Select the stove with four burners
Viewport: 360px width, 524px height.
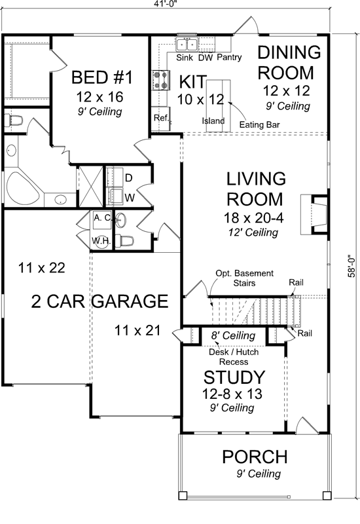tap(160, 79)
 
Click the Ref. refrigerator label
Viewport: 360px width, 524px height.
tap(161, 118)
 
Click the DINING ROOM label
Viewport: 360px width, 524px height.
tap(288, 62)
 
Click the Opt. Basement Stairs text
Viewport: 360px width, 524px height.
tap(245, 278)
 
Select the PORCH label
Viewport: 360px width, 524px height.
tap(255, 456)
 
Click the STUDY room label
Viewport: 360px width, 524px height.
tap(234, 378)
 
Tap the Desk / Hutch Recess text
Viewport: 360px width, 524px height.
tap(227, 356)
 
